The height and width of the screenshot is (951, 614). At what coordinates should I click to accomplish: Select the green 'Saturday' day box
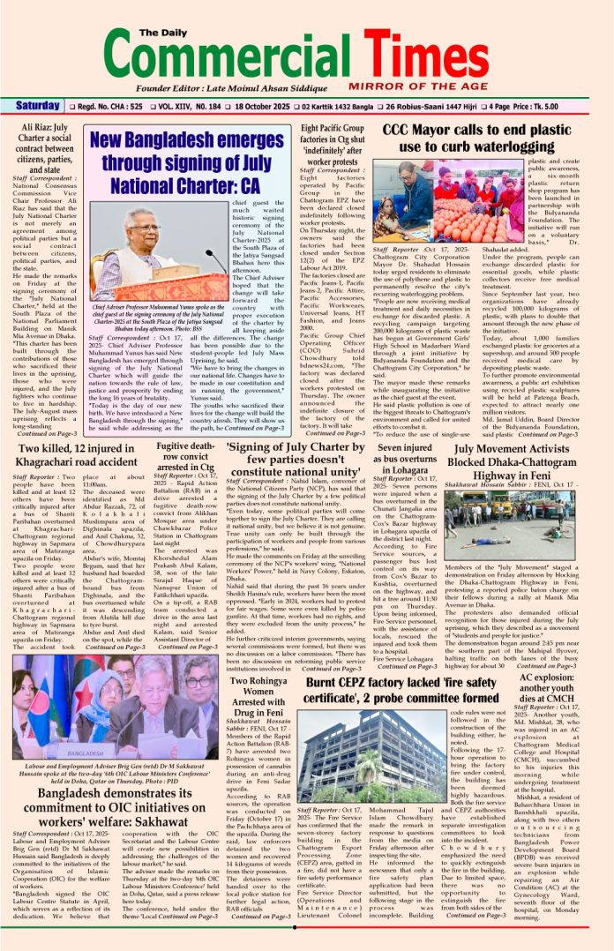click(36, 106)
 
